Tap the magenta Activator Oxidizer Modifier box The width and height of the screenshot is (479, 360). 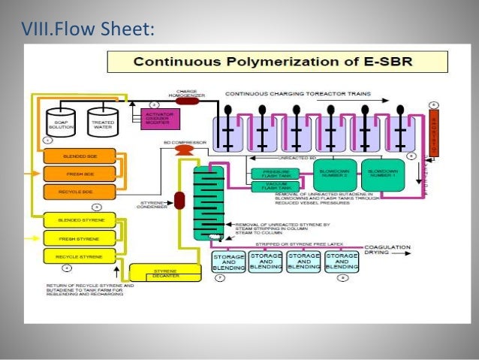coord(155,118)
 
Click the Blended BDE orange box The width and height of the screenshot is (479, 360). coord(80,156)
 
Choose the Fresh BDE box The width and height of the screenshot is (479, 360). coord(80,174)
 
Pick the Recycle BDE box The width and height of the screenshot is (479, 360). coord(80,192)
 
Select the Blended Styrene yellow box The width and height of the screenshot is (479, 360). coord(80,220)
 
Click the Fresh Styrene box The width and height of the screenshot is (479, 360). coord(80,238)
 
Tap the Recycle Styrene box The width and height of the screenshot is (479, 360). coord(80,256)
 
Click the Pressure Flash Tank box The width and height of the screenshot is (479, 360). coord(276,174)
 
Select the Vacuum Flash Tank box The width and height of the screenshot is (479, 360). coord(276,186)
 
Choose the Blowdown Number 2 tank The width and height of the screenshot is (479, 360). coord(334,174)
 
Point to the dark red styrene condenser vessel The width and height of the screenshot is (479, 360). coord(179,201)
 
